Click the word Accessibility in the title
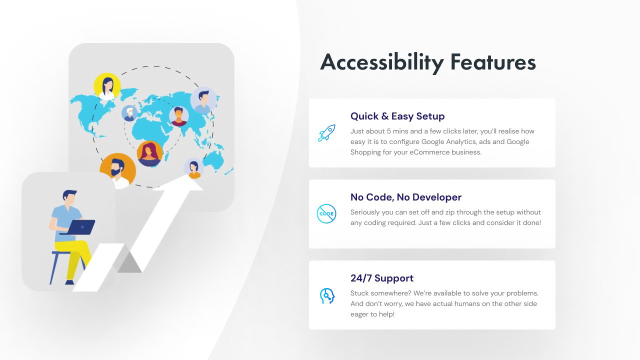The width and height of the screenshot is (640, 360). coord(382,62)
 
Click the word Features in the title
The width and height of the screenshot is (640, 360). coord(493,62)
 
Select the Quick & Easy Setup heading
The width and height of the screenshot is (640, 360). coord(397,116)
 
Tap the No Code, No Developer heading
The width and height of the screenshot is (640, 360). coord(406,197)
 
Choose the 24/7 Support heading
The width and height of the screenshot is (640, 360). coord(382,278)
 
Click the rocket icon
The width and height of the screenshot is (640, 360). coord(326,133)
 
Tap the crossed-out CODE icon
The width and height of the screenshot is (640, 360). coord(326,213)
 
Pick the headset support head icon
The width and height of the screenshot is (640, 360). coord(327,296)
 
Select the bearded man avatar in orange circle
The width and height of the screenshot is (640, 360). coord(117,171)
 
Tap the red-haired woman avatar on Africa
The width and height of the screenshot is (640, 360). coord(149,153)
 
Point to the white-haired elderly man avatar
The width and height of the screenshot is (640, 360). coord(129,113)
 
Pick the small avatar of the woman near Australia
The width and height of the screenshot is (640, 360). coord(193,168)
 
